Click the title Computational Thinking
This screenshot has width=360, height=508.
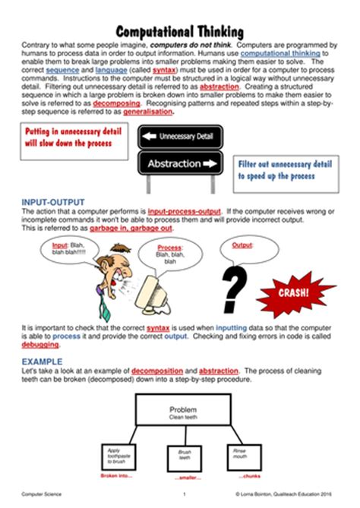180,32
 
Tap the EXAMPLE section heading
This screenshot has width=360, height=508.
42,360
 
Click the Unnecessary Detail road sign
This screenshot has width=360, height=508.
179,137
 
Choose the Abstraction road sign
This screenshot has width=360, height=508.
179,163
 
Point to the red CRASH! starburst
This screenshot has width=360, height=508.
296,292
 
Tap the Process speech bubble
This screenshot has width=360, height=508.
170,255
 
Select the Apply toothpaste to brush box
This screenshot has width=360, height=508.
115,456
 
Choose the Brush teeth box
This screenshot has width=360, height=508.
184,455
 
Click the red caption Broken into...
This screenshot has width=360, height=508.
116,475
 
